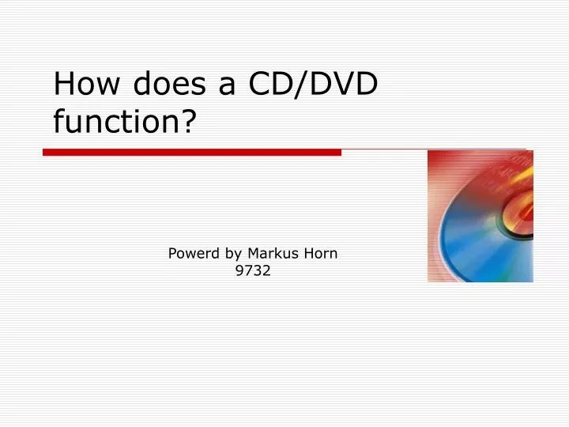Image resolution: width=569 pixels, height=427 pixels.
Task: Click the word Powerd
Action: (193, 254)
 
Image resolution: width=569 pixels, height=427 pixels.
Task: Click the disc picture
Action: (480, 216)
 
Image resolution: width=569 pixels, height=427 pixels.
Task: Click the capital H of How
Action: (63, 84)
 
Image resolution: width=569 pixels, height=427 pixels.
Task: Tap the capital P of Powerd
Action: (172, 254)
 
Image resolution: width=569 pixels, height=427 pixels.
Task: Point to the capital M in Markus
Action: (253, 254)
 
